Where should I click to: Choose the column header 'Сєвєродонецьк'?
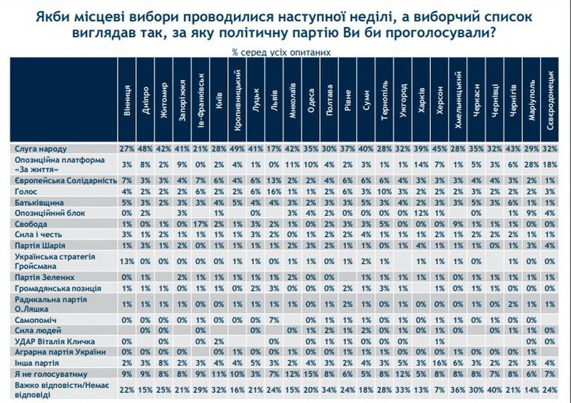[550, 104]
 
